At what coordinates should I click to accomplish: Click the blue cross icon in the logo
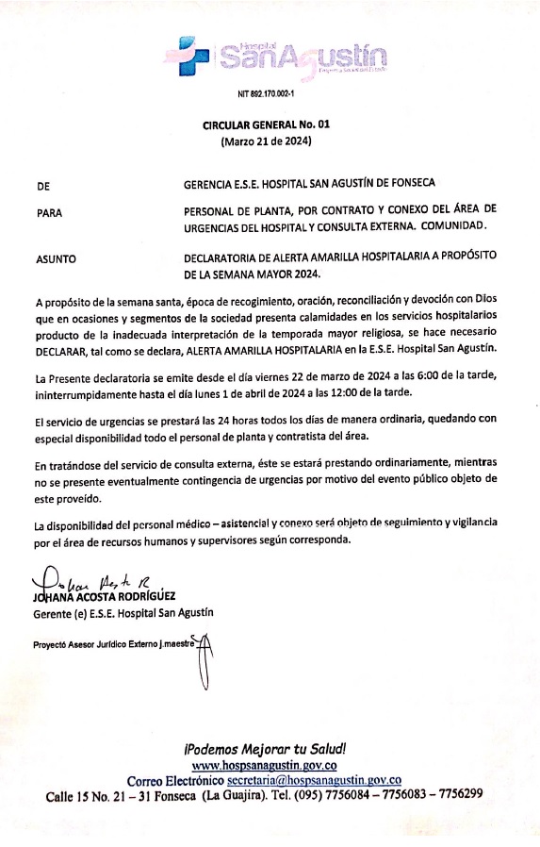[192, 54]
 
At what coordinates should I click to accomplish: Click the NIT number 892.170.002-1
[267, 94]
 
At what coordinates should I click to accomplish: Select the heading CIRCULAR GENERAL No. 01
[267, 125]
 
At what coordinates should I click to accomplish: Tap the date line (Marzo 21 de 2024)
[266, 141]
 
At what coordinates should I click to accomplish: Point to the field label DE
[42, 186]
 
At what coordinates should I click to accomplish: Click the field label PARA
[48, 213]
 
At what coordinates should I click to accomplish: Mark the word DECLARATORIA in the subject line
[230, 257]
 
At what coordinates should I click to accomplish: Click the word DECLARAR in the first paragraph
[63, 348]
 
